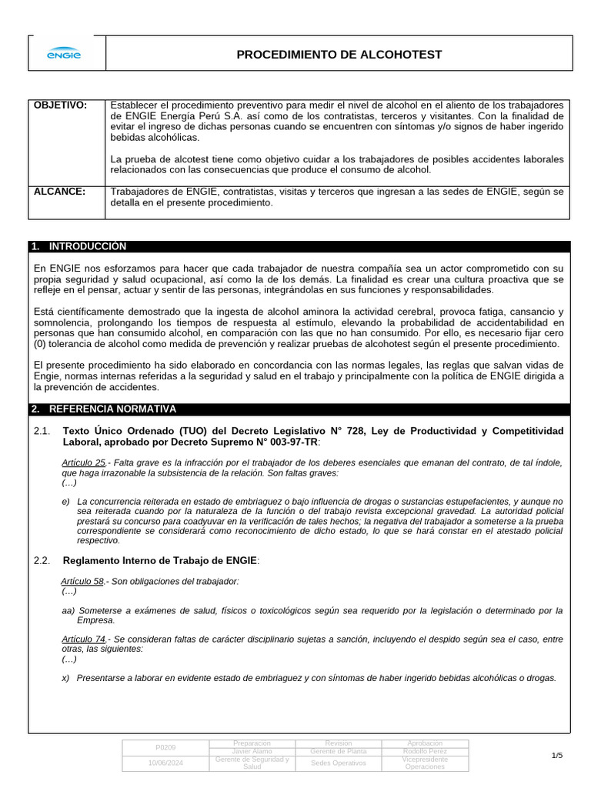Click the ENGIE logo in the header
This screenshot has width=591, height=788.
[65, 54]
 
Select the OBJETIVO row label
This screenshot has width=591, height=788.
[60, 105]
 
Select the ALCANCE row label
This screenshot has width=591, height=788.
[59, 192]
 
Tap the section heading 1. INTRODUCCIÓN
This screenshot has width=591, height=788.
[79, 246]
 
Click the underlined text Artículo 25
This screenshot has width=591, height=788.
[83, 462]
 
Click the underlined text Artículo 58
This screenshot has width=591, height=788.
[83, 581]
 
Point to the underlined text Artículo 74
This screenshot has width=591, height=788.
[83, 639]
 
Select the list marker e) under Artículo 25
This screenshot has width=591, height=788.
[66, 502]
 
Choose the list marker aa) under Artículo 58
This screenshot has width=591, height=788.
[68, 610]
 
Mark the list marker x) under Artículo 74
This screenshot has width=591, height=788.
[66, 678]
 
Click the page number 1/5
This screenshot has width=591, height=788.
[557, 756]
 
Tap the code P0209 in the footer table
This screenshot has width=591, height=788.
[165, 747]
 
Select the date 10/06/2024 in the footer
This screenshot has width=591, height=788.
[165, 763]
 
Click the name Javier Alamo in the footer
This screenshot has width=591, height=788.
[252, 751]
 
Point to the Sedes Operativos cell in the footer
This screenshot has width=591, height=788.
[338, 763]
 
